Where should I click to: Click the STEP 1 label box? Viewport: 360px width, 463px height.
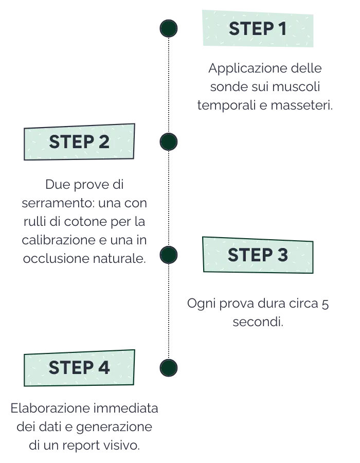pos(258,29)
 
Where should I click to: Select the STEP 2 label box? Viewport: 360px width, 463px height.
pos(79,142)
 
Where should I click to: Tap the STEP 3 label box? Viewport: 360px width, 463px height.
pos(258,255)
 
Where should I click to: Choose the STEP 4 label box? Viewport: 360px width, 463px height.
pos(79,368)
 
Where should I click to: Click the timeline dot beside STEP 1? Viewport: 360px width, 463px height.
pos(169,29)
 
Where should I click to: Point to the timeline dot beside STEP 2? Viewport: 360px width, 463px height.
pos(169,142)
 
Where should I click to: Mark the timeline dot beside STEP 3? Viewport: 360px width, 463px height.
pos(169,255)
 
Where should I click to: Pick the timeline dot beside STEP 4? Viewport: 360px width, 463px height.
pos(169,368)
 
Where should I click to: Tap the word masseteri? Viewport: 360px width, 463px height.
pos(301,105)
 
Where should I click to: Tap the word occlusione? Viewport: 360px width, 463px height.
pos(56,258)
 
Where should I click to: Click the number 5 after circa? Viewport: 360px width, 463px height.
pos(325,304)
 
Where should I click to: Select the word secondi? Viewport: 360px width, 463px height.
pos(258,322)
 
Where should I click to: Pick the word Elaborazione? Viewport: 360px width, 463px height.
pos(50,408)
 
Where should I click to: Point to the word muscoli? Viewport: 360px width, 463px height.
pos(296,87)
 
